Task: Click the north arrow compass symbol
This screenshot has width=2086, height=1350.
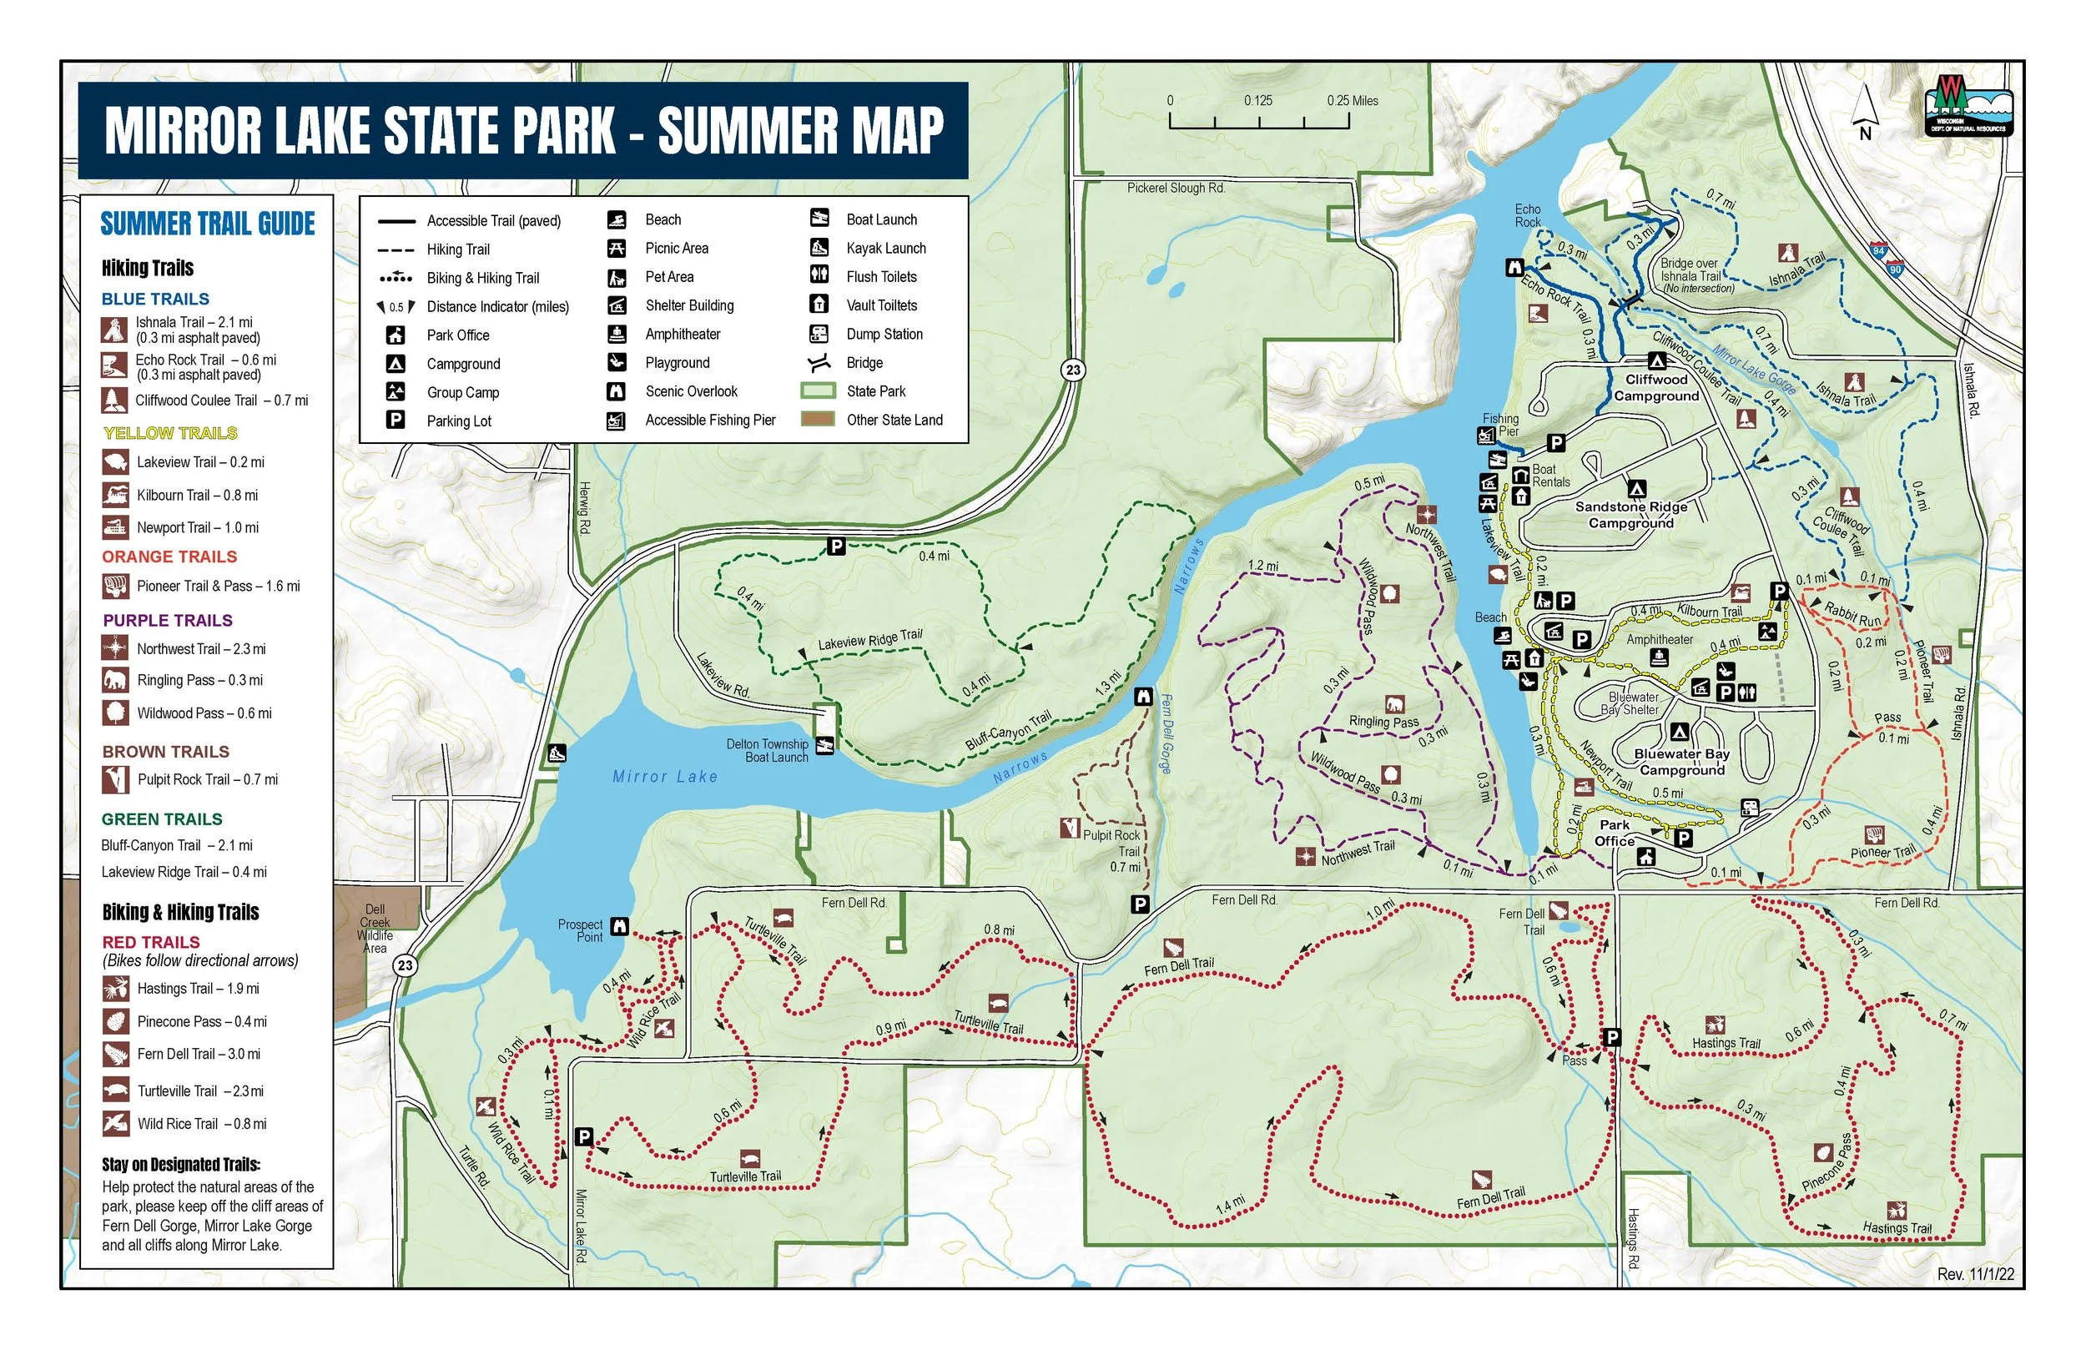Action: (1864, 112)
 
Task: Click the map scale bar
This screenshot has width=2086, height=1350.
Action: (1258, 121)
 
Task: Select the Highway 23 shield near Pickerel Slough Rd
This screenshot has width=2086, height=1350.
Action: (1073, 370)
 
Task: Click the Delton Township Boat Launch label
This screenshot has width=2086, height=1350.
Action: (767, 750)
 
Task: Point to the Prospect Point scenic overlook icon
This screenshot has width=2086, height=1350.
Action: (619, 925)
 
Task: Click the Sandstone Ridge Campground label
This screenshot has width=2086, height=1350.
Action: (1630, 515)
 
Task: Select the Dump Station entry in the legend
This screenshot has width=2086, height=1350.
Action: (884, 334)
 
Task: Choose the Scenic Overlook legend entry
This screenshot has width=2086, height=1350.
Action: (691, 392)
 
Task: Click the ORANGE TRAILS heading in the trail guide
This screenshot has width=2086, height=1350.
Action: (169, 557)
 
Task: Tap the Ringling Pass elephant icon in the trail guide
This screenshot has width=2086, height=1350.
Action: (115, 680)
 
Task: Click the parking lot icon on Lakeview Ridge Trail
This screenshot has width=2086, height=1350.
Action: (836, 547)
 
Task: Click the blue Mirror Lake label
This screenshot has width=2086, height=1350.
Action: (664, 777)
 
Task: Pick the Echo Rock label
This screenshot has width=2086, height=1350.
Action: (1527, 215)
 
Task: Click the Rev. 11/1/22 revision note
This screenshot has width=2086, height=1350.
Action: (1976, 1275)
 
